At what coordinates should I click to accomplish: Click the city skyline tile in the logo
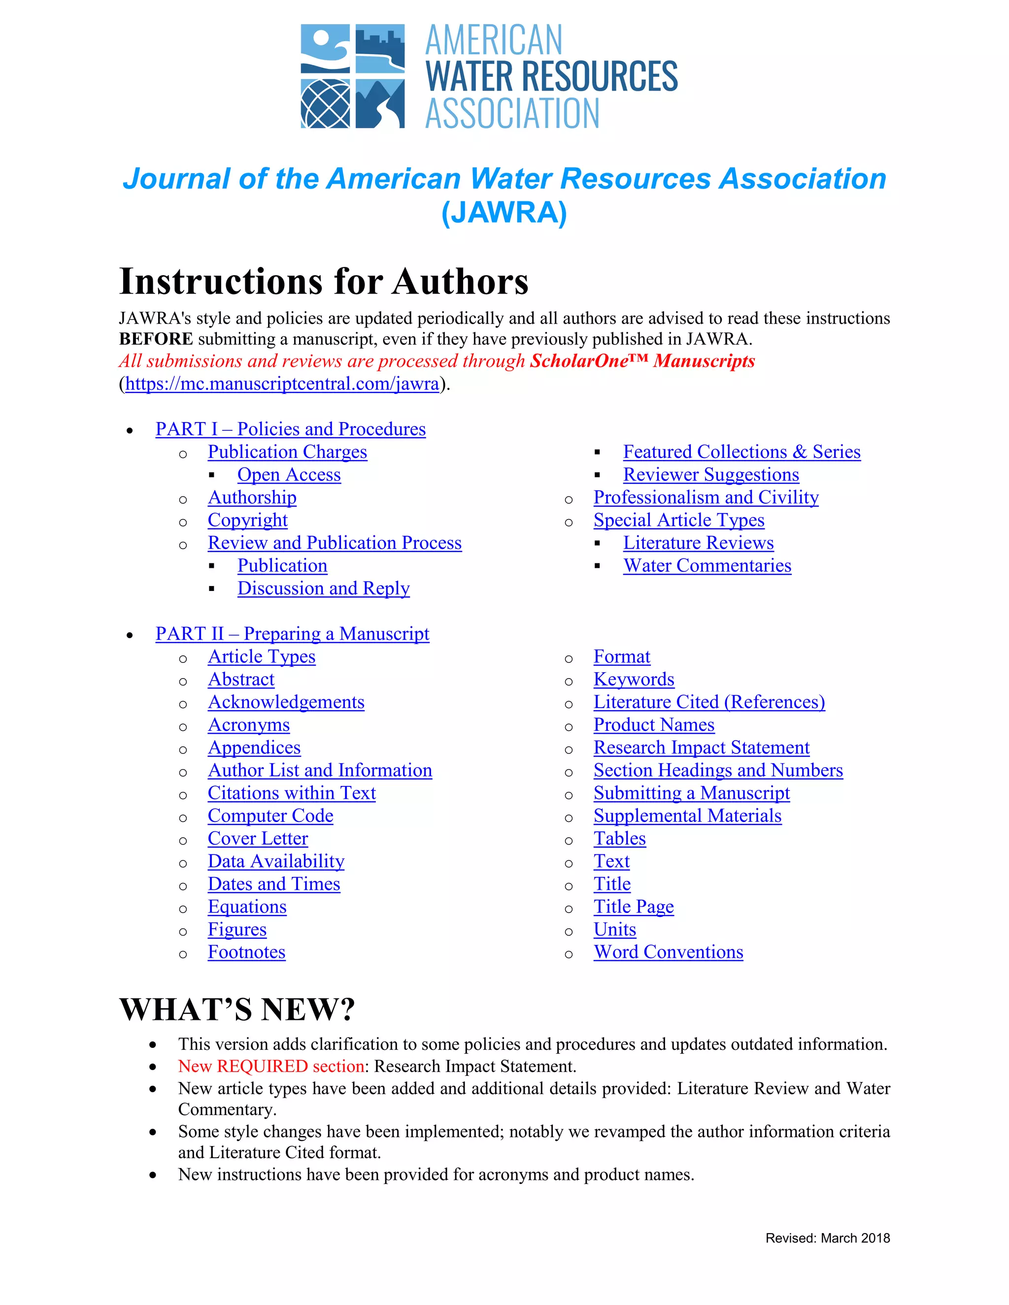380,48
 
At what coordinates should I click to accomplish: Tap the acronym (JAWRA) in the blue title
504,213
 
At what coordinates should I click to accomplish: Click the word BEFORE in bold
156,339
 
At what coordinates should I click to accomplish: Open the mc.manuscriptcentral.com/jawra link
282,383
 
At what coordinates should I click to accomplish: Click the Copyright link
247,520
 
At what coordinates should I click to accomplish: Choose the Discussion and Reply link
323,588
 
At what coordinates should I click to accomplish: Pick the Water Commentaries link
706,565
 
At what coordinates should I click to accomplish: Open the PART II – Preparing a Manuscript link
292,633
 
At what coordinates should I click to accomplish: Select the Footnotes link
246,952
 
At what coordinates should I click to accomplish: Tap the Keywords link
634,680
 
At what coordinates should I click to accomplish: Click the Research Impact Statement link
701,748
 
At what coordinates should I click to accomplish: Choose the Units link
614,929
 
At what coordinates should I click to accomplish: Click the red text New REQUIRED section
271,1066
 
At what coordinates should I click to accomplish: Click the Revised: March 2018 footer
827,1238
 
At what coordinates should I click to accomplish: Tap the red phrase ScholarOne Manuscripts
642,361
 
